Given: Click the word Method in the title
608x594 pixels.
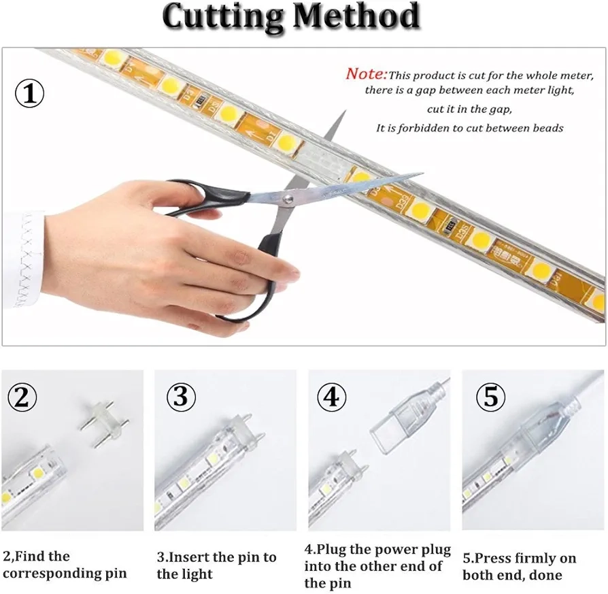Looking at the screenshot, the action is pos(356,16).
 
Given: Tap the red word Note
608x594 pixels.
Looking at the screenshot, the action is pos(366,73).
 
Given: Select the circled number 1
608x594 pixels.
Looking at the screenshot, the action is pos(29,93).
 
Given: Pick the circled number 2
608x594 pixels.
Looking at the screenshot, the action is pos(22,397).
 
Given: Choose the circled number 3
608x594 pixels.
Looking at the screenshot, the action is pos(181,397).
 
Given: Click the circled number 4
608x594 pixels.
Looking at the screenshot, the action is pos(331,397).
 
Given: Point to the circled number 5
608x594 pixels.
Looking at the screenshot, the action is pos(490,397).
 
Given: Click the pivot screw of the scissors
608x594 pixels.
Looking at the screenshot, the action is pos(288,199).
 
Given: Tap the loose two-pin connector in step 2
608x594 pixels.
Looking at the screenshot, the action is pos(104,423).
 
